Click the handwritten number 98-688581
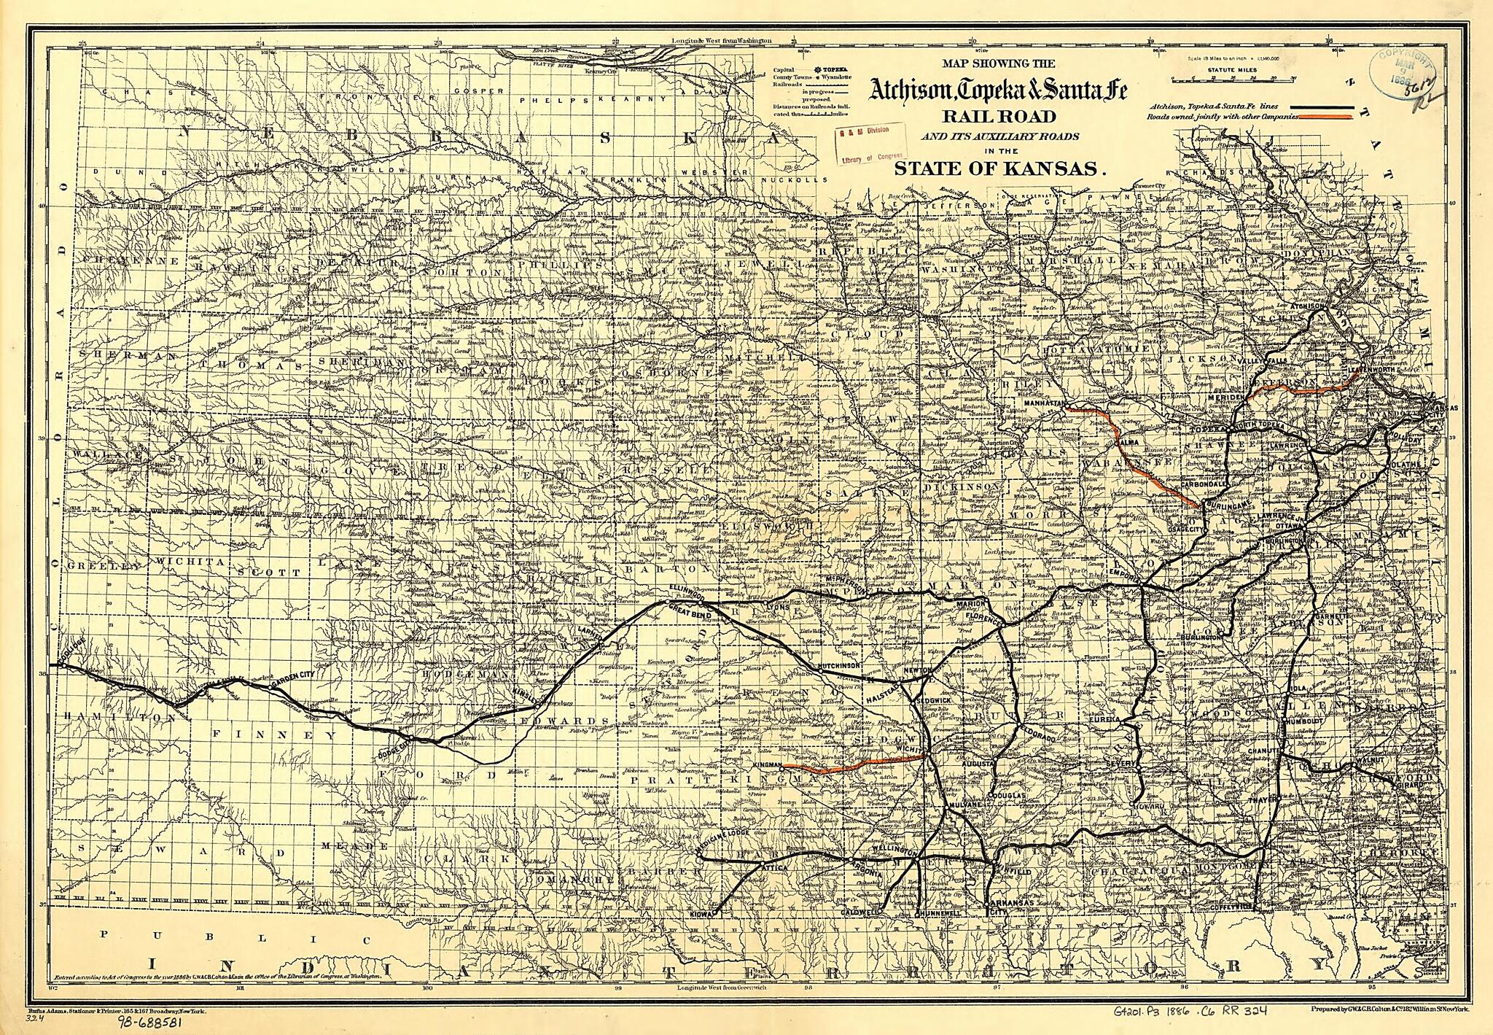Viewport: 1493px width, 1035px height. click(x=150, y=1023)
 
